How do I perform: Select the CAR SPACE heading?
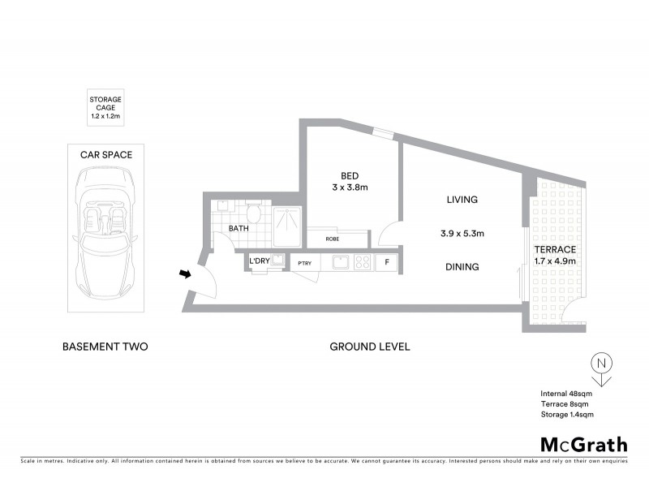(x=105, y=154)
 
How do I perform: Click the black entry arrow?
(x=185, y=274)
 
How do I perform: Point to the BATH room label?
(x=239, y=229)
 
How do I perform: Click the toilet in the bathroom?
(x=253, y=214)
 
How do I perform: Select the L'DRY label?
(x=260, y=261)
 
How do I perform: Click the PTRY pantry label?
(x=305, y=263)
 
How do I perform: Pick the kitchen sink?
(x=341, y=262)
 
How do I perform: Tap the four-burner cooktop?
(x=362, y=262)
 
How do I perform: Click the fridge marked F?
(x=387, y=262)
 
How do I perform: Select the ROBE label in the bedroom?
(x=333, y=239)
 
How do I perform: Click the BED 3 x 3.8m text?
(x=350, y=183)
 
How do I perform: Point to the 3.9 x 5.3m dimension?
(x=462, y=234)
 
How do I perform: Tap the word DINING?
(x=462, y=266)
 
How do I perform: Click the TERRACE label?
(x=555, y=249)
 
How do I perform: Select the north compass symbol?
(x=600, y=367)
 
